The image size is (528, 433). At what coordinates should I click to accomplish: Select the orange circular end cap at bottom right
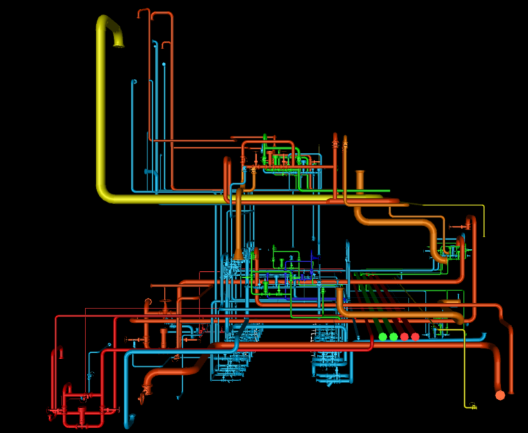500,396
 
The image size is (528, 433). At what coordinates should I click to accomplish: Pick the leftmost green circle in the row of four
383,337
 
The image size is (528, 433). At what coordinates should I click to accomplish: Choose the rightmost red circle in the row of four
415,337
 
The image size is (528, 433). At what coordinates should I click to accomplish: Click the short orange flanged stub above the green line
360,178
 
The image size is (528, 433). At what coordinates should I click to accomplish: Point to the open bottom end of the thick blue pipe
129,421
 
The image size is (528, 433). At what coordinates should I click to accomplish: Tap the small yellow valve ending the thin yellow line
473,407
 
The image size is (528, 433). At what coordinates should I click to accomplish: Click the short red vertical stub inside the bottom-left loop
82,415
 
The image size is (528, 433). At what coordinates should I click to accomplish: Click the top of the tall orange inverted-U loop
161,13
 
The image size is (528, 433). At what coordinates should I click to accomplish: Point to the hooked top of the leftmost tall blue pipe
134,82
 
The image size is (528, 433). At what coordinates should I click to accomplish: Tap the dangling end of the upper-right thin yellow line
484,235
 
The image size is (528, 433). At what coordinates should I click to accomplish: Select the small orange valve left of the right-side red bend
458,227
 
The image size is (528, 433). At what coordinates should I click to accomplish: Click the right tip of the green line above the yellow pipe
388,191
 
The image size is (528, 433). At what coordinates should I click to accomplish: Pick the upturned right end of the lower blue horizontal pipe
484,335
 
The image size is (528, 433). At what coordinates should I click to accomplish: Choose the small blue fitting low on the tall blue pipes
149,172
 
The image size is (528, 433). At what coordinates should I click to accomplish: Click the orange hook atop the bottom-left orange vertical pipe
147,302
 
